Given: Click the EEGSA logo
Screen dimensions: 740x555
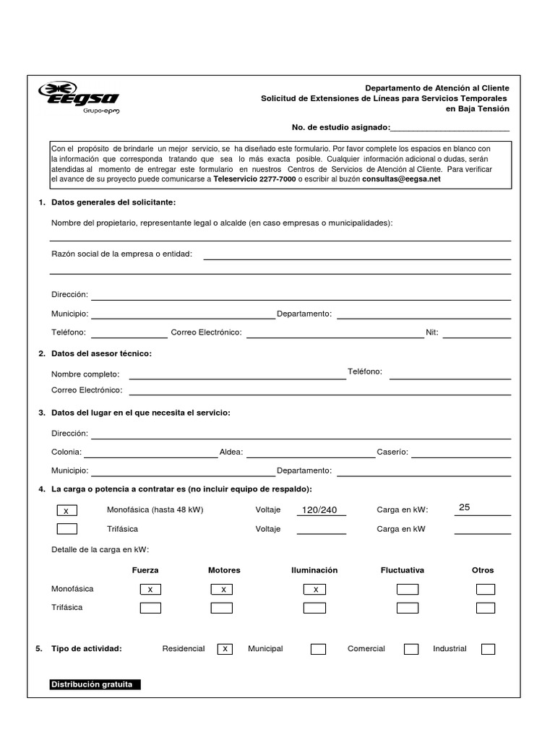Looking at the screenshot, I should point(79,97).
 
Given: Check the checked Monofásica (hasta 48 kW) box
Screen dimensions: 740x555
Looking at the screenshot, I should point(66,511).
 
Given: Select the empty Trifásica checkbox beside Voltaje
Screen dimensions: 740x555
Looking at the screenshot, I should point(66,529).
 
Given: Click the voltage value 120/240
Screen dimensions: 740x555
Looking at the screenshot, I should point(319,510).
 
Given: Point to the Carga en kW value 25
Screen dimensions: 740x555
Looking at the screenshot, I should point(465,507).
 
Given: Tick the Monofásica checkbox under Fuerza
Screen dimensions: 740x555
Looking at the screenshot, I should point(150,590).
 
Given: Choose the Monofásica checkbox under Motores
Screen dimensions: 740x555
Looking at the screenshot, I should point(222,590).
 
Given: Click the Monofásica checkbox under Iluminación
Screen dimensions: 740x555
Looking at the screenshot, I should point(315,590).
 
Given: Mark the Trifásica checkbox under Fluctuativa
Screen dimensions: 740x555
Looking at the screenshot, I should point(408,608).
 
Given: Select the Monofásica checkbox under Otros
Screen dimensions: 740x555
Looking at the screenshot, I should point(486,590).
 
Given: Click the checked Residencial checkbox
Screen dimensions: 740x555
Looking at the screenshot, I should point(225,649).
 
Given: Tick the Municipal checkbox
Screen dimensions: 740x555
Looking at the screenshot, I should point(318,649).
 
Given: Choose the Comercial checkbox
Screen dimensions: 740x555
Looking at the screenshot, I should point(411,649).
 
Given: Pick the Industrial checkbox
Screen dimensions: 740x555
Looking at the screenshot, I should point(488,649).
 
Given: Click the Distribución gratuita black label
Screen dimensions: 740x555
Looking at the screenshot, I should point(95,684).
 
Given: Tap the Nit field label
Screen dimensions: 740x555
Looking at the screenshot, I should point(432,333).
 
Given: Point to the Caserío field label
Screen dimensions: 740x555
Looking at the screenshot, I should point(392,452).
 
